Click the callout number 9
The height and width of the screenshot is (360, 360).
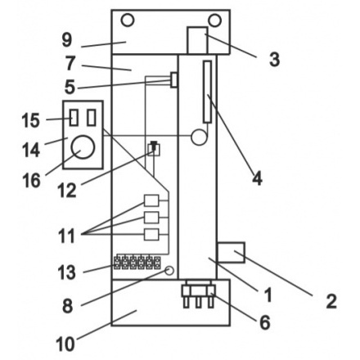[x=67, y=40]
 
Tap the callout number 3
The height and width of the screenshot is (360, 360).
[x=274, y=60]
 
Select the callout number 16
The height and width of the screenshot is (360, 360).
[x=32, y=181]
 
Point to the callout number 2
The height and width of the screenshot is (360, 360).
[x=331, y=302]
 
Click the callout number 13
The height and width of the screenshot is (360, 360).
[x=67, y=272]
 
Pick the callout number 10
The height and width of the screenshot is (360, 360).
[x=65, y=344]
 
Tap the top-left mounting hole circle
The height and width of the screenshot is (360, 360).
[x=128, y=20]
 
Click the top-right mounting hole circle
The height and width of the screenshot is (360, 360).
[x=214, y=20]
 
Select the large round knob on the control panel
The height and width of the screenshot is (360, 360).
[x=83, y=146]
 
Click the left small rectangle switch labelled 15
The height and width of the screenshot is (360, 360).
[x=74, y=118]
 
